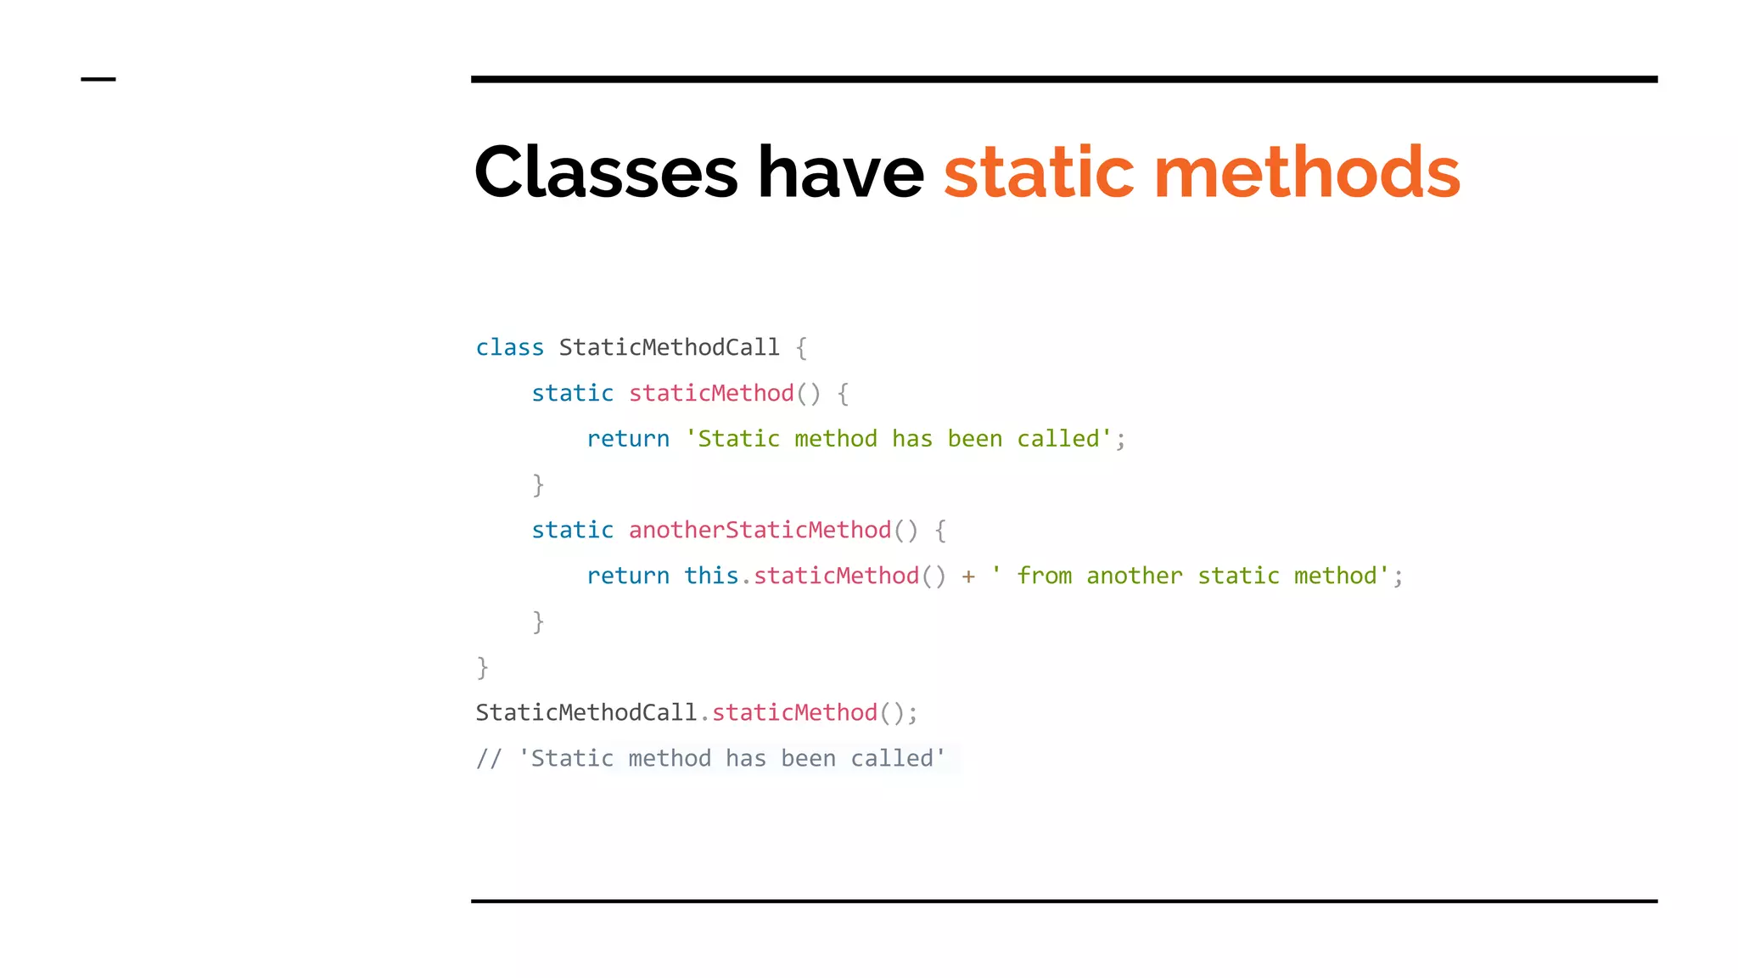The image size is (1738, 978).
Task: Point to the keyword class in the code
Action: click(x=509, y=348)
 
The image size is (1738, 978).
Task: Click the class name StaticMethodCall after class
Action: click(x=669, y=348)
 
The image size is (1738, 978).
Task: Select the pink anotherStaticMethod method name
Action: click(x=760, y=531)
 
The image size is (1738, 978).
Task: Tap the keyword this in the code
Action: click(x=711, y=576)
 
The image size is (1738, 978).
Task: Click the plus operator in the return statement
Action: click(x=968, y=577)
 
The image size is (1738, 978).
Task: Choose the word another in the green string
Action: click(x=1134, y=576)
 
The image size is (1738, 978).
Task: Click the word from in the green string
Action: click(x=1045, y=576)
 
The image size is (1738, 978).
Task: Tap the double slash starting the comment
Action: click(x=489, y=759)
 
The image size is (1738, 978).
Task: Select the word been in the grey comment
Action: click(x=808, y=759)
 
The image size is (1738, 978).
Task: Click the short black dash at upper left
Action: click(x=98, y=80)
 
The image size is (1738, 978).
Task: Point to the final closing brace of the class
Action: click(x=482, y=668)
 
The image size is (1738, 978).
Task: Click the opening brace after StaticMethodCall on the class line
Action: click(x=801, y=348)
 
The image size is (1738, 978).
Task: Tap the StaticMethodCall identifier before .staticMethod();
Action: click(x=586, y=713)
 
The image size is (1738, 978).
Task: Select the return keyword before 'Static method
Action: click(x=628, y=440)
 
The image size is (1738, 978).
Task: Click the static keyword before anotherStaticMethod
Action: click(x=572, y=531)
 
